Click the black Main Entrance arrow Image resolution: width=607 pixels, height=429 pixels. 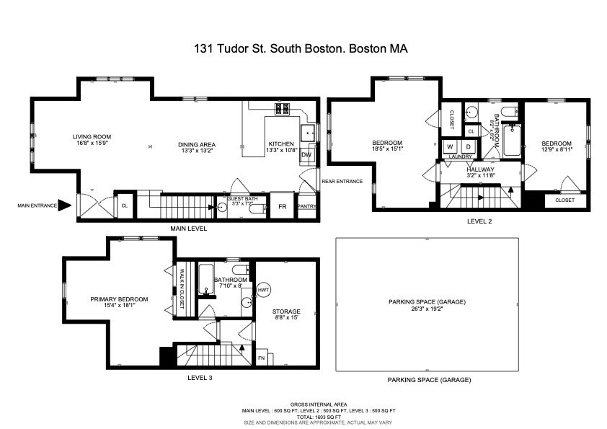[64, 205]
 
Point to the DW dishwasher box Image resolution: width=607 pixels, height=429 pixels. [306, 155]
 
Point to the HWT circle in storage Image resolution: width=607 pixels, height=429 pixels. [263, 289]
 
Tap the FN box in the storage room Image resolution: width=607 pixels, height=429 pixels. [262, 358]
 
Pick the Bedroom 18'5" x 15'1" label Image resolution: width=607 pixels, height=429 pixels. [387, 146]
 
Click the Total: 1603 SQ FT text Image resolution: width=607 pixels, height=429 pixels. [303, 417]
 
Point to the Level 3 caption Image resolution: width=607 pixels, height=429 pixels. [200, 377]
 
